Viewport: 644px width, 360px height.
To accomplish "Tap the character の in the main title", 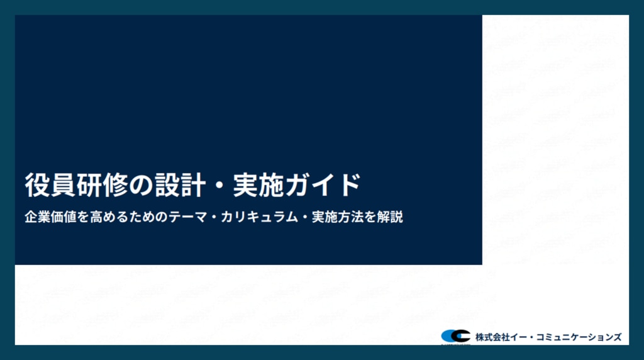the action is tap(141, 185).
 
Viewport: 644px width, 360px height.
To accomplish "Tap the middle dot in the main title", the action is tap(219, 185).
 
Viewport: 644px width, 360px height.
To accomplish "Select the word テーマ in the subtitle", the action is tap(188, 217).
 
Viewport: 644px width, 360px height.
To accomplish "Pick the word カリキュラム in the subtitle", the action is tap(259, 217).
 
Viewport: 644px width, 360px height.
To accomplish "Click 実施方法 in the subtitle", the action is tap(338, 217).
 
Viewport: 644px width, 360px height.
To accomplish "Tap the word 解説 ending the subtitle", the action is tap(390, 217).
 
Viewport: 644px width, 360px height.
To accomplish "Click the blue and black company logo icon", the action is tap(455, 336).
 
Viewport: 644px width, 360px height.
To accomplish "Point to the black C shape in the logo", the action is tap(460, 336).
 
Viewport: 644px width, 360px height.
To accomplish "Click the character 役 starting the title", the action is tap(37, 185).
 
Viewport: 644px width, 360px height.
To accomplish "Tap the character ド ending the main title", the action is tap(349, 185).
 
